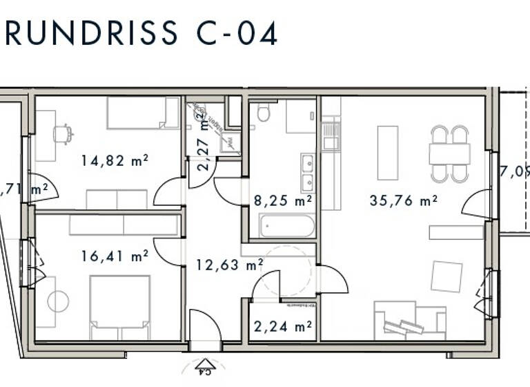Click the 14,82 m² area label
(x=115, y=160)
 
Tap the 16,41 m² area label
(x=115, y=256)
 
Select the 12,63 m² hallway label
(x=229, y=265)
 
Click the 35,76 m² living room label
(x=404, y=201)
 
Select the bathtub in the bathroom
(x=286, y=225)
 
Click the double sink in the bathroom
(x=307, y=172)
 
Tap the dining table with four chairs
(x=449, y=153)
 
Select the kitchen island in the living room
(x=387, y=152)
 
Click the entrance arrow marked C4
(x=204, y=366)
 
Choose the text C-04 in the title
(x=230, y=33)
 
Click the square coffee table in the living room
(x=446, y=276)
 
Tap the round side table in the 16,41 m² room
(x=58, y=301)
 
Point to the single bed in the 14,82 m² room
(x=142, y=113)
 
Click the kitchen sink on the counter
(x=331, y=129)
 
